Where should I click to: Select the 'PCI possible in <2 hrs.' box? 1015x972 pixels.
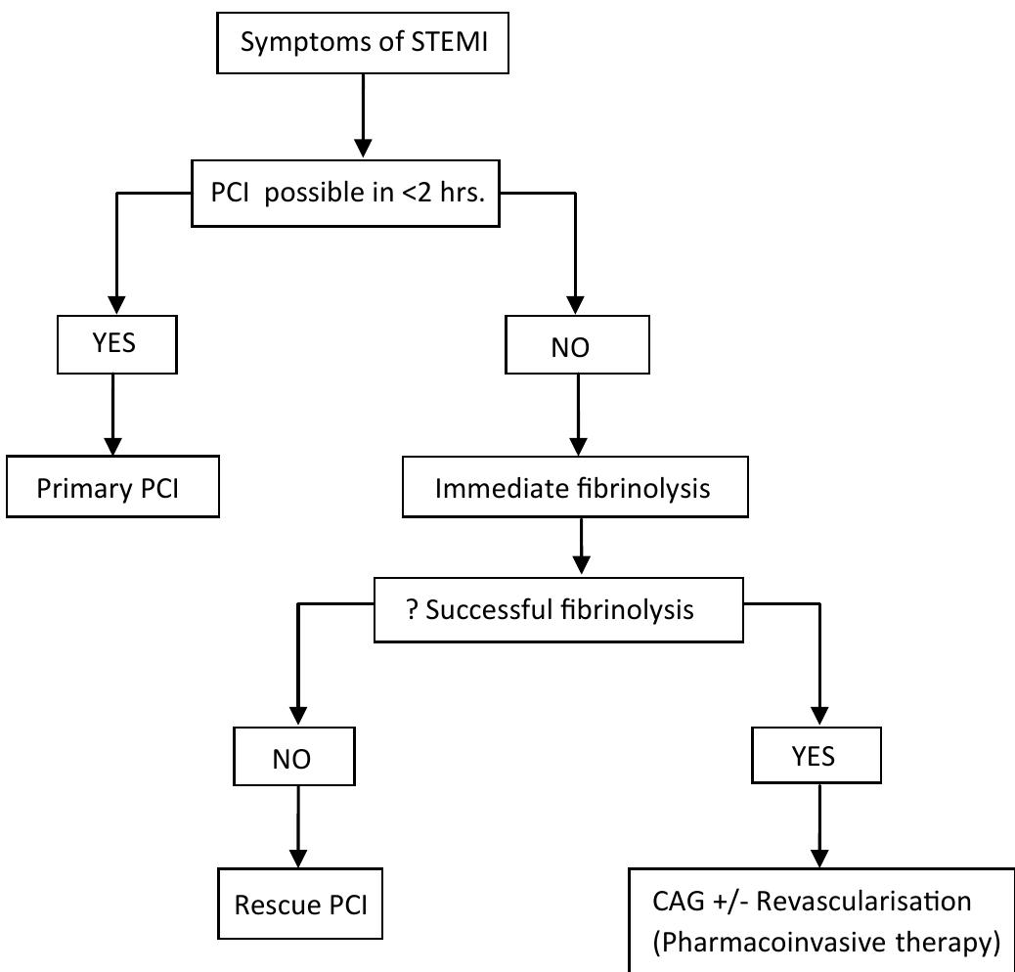pyautogui.click(x=345, y=194)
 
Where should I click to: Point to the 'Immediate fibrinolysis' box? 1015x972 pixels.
pyautogui.click(x=574, y=486)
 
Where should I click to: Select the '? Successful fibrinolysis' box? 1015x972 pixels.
pyautogui.click(x=558, y=610)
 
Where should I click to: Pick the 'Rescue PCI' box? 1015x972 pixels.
pyautogui.click(x=300, y=904)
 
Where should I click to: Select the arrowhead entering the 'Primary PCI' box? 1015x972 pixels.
pyautogui.click(x=114, y=445)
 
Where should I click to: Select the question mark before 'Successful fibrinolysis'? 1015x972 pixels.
pyautogui.click(x=413, y=610)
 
